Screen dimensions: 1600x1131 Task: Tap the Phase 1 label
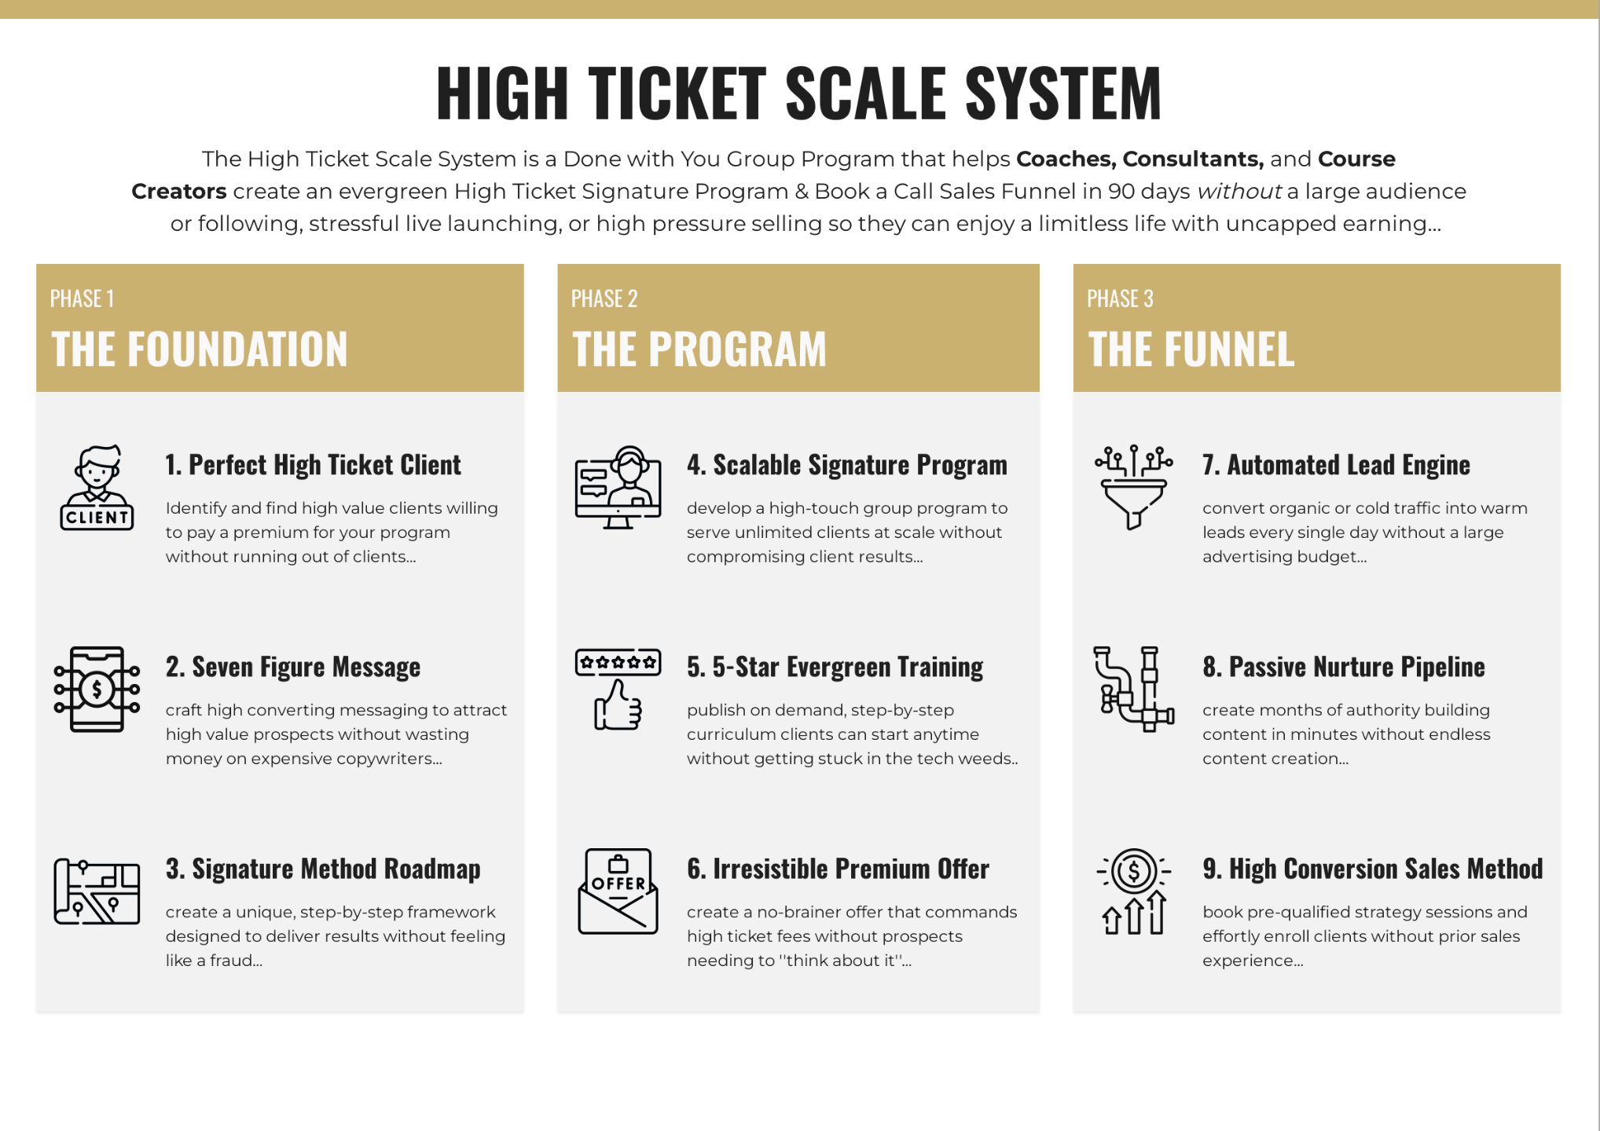82,299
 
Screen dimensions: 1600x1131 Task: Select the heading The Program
699,350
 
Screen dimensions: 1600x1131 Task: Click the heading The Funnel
1191,350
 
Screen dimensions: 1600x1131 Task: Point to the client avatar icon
97,488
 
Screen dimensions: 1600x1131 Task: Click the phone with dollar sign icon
97,690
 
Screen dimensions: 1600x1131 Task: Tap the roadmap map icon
97,891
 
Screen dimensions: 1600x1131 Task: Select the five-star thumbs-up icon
618,690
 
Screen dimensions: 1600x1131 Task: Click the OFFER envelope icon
618,891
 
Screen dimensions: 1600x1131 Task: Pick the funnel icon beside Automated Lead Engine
1133,488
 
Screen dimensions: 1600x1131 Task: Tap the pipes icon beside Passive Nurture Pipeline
1133,690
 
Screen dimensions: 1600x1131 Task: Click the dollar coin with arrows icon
1133,891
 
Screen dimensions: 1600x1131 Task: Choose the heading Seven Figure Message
292,667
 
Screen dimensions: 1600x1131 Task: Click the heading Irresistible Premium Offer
838,869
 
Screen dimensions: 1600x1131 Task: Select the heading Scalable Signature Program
846,465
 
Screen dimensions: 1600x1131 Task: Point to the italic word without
1239,192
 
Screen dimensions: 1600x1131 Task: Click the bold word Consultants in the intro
1192,159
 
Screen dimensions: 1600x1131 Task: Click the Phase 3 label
1120,299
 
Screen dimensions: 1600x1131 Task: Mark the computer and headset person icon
618,488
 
